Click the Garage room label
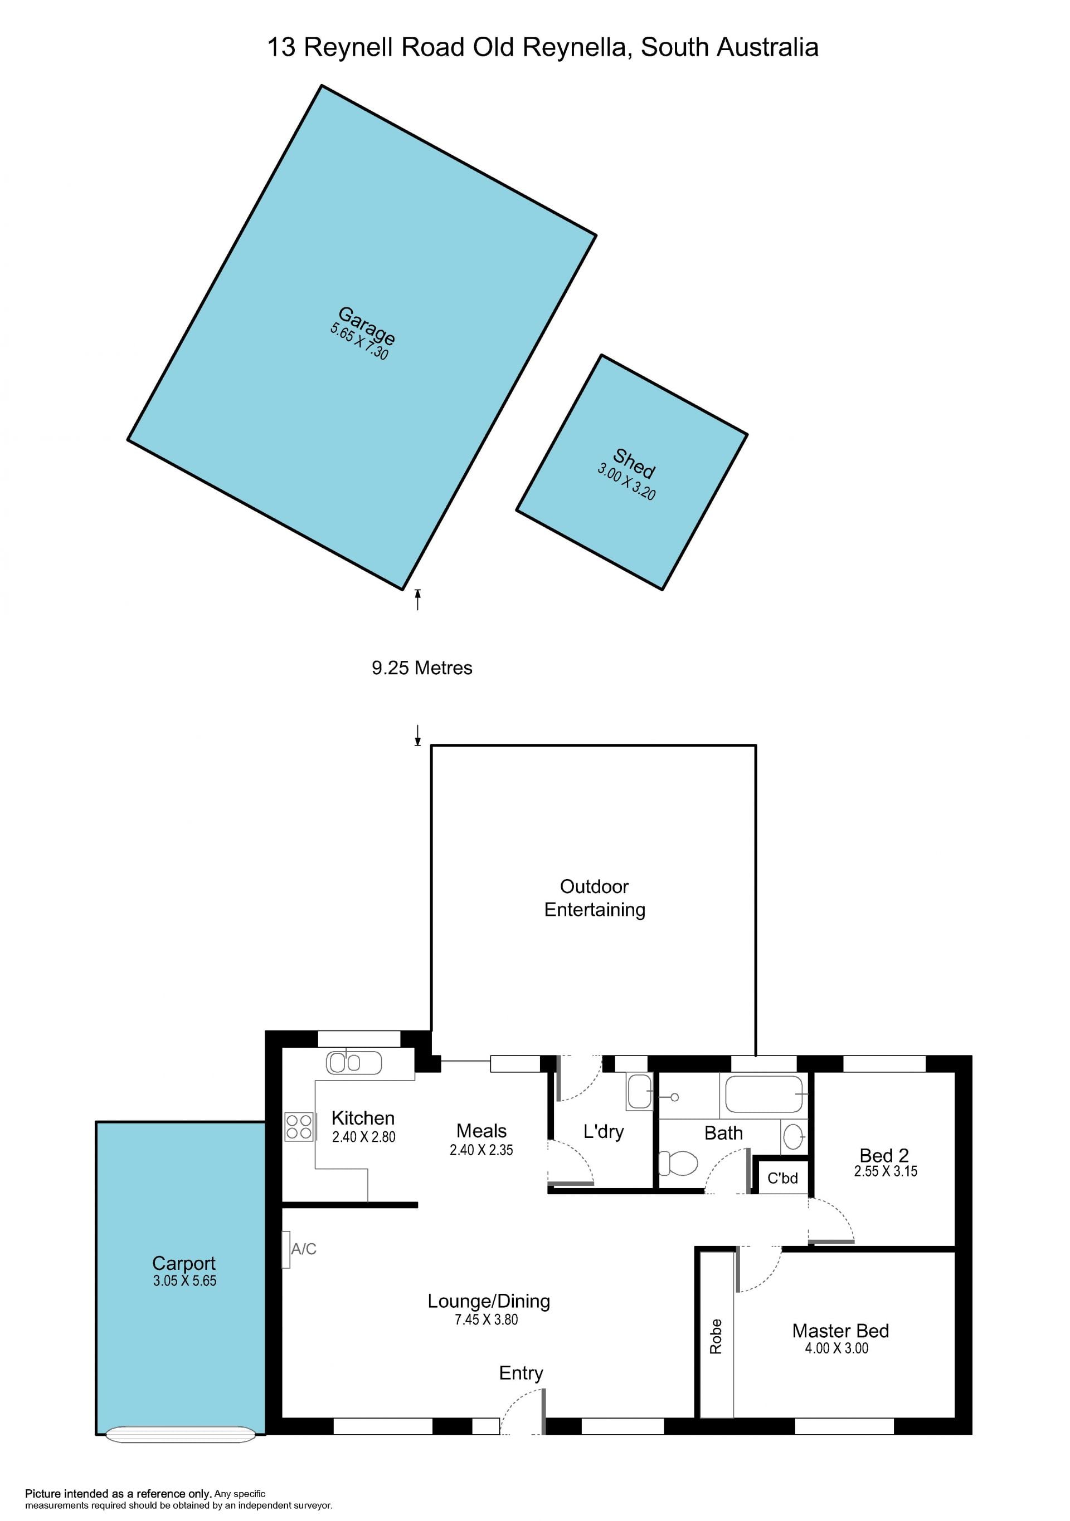367,325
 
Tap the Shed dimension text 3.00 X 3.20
626,481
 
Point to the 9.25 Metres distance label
422,668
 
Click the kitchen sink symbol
354,1063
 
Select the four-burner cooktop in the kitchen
299,1127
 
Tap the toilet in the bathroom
678,1162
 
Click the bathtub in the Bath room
763,1094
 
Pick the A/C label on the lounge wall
304,1249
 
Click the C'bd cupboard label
782,1178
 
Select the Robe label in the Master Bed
716,1336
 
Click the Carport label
184,1263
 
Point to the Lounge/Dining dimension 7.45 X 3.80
486,1319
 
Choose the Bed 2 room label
884,1155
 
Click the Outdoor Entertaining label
595,897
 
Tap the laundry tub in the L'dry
639,1092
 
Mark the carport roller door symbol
181,1434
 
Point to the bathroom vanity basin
793,1137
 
